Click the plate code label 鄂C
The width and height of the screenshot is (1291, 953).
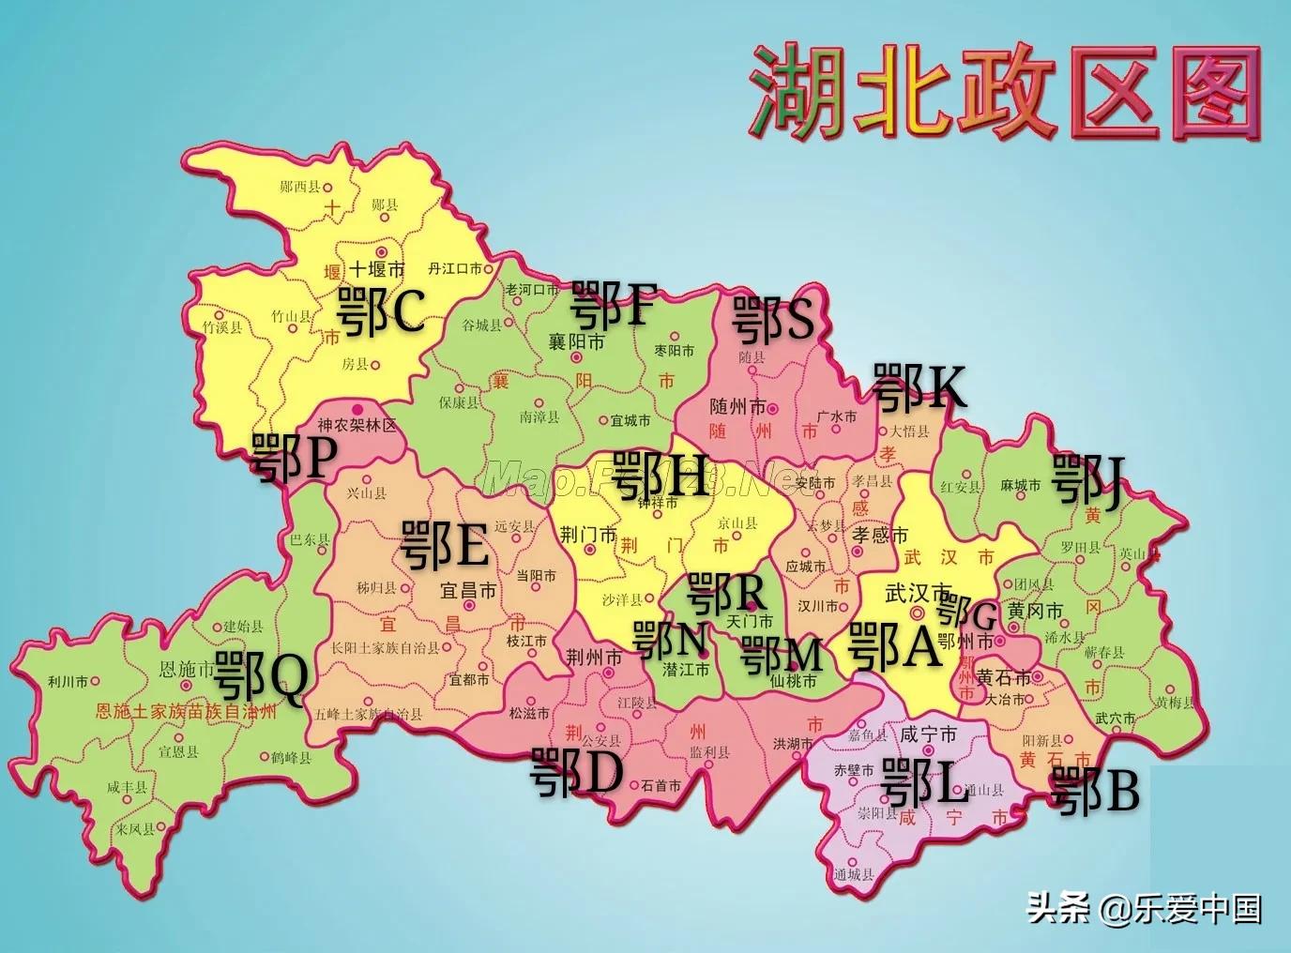[x=380, y=311]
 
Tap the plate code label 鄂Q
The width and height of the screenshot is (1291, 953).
[x=260, y=678]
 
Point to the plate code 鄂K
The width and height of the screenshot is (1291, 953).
[x=919, y=387]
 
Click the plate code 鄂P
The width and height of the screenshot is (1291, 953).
[x=294, y=459]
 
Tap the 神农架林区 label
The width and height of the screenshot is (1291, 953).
[x=357, y=426]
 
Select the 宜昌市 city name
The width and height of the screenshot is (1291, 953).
[x=468, y=592]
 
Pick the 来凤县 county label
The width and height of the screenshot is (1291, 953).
[x=134, y=829]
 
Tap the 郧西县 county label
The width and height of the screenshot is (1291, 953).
[x=300, y=187]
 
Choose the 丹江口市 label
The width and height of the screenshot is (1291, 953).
[x=455, y=269]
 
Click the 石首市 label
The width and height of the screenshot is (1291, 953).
[x=661, y=786]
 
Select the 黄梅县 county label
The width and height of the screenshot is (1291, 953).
[x=1175, y=703]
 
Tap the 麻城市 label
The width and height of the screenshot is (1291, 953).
[x=1021, y=485]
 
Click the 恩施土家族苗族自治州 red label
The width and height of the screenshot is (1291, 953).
[x=187, y=711]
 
